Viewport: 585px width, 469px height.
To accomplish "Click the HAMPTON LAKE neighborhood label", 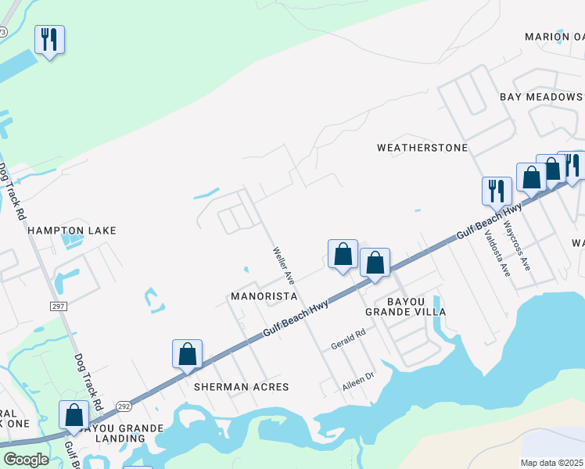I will [72, 231].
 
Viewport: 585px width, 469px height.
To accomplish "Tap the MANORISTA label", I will [264, 297].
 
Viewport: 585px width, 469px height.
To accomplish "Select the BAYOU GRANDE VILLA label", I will [405, 306].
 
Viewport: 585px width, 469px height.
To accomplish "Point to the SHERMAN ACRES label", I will [242, 387].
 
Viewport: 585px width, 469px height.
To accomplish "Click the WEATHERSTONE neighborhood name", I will [422, 148].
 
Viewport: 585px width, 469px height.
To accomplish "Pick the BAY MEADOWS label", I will [541, 97].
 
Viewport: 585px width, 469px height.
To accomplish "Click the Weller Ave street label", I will [283, 265].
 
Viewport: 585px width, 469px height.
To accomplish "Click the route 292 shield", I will [124, 406].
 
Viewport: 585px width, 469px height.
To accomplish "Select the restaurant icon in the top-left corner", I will [50, 40].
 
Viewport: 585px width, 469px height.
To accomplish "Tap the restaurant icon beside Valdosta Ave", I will [497, 191].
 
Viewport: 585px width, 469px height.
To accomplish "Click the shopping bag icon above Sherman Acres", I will [188, 354].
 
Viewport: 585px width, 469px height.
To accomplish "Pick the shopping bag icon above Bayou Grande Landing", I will [74, 415].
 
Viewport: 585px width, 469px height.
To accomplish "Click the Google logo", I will [26, 460].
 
